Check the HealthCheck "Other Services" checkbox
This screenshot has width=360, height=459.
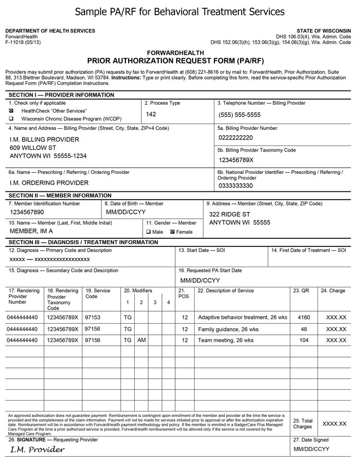pos(11,110)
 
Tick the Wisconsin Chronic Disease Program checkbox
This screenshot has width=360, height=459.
pos(11,118)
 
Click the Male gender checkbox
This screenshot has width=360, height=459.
pos(148,232)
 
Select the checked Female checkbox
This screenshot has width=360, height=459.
pos(172,232)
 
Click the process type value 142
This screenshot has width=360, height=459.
pos(152,114)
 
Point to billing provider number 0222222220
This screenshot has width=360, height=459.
pos(236,137)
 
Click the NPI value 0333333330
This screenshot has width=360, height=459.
pos(236,186)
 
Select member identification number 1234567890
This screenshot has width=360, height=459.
pos(27,212)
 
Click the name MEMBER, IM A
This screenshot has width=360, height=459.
pos(31,231)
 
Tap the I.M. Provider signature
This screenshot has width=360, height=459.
pos(38,450)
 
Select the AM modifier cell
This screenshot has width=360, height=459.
pos(141,340)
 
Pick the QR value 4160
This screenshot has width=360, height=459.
pos(304,317)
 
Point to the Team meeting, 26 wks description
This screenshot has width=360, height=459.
pos(226,340)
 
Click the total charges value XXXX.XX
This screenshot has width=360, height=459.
pos(334,424)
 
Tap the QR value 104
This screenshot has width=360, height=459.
pos(304,340)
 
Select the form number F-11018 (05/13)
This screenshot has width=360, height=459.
pos(23,42)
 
